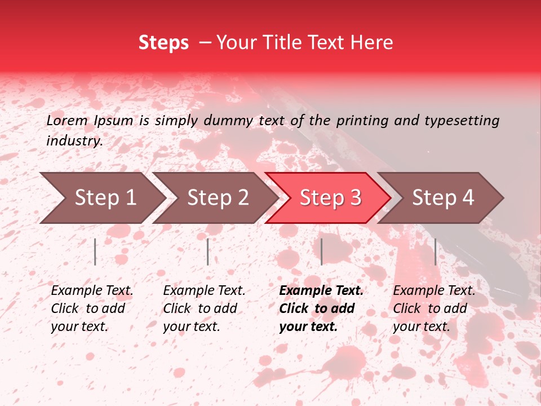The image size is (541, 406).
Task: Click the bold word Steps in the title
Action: tap(163, 43)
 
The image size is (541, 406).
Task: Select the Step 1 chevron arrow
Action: tap(101, 198)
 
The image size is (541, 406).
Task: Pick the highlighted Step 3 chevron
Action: tap(329, 198)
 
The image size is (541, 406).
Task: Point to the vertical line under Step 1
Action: tap(95, 251)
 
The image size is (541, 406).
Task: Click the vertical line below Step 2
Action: tap(208, 251)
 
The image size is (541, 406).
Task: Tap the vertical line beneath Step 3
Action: tap(321, 251)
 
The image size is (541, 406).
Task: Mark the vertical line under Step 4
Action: tap(435, 251)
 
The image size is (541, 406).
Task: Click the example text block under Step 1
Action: tap(92, 308)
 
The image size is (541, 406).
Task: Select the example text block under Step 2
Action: tap(204, 308)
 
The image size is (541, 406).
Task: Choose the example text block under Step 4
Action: tap(434, 308)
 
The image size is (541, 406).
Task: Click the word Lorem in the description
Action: tap(66, 120)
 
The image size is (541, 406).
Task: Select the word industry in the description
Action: tap(74, 141)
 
